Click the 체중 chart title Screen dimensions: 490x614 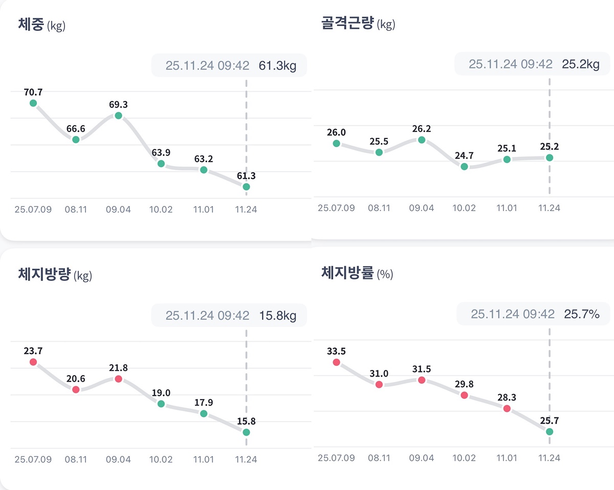pyautogui.click(x=32, y=24)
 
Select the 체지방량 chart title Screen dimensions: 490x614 pyautogui.click(x=44, y=275)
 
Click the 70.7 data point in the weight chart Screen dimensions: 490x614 pyautogui.click(x=33, y=103)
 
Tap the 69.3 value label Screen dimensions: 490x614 pyautogui.click(x=118, y=104)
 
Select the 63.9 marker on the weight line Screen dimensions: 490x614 pyautogui.click(x=161, y=164)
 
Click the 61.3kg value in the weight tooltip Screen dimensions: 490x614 pyautogui.click(x=277, y=65)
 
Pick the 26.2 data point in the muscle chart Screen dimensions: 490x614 pyautogui.click(x=422, y=139)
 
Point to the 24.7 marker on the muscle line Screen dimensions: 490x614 pyautogui.click(x=464, y=167)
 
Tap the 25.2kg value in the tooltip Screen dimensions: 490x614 pyautogui.click(x=580, y=64)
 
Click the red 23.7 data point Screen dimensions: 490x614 pyautogui.click(x=33, y=362)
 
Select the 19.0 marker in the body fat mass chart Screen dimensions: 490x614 pyautogui.click(x=161, y=404)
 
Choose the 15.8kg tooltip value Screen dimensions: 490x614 pyautogui.click(x=277, y=316)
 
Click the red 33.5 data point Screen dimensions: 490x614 pyautogui.click(x=336, y=362)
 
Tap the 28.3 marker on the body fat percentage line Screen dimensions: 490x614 pyautogui.click(x=507, y=408)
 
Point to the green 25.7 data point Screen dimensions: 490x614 pyautogui.click(x=550, y=432)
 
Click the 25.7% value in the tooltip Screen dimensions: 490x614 pyautogui.click(x=581, y=314)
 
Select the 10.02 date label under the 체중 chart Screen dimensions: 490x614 pyautogui.click(x=161, y=209)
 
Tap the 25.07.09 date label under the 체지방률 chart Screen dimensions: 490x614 pyautogui.click(x=336, y=458)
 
